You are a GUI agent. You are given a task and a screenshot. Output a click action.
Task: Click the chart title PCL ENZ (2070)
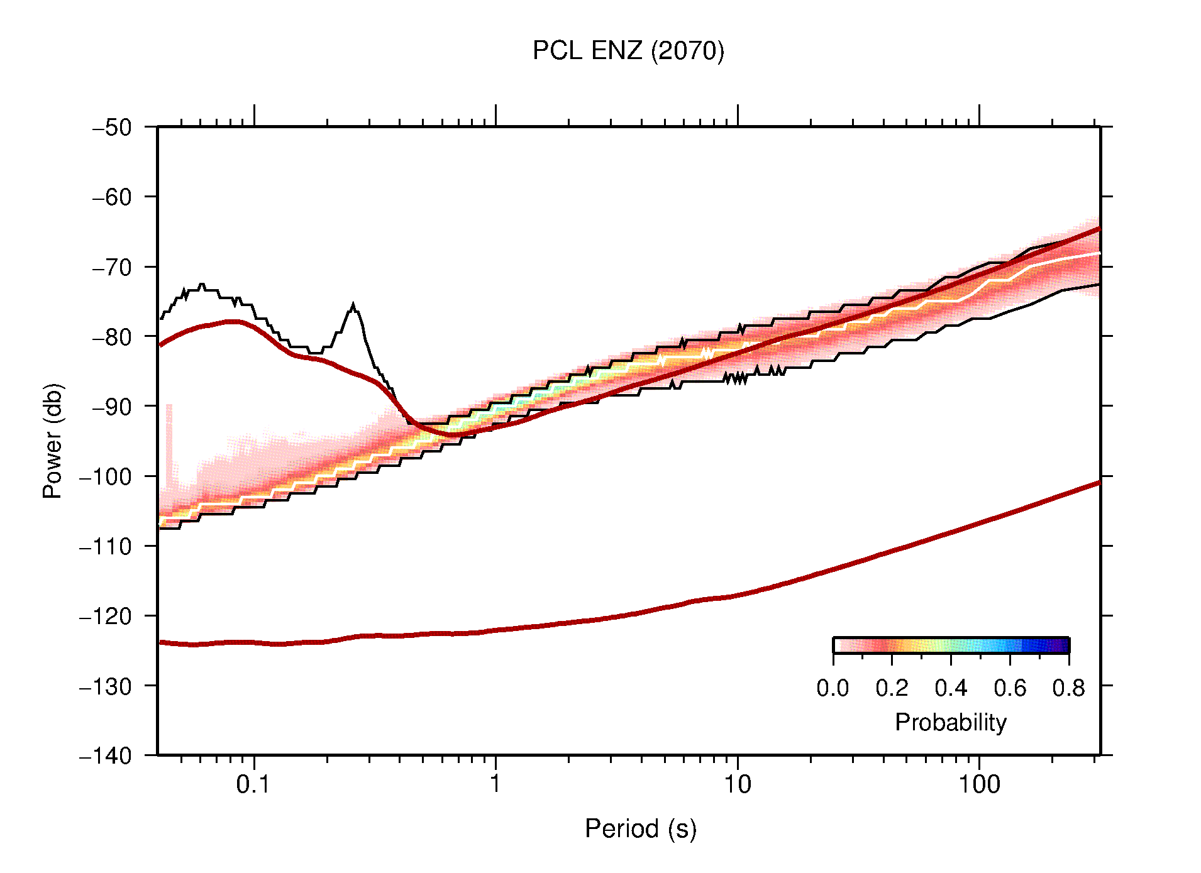pyautogui.click(x=628, y=51)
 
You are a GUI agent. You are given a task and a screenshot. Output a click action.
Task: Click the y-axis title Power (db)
pyautogui.click(x=53, y=441)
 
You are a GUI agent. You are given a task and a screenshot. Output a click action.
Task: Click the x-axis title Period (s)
pyautogui.click(x=640, y=828)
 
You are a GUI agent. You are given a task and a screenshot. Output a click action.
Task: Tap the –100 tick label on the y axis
pyautogui.click(x=106, y=476)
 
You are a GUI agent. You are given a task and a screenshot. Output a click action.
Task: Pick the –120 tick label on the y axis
pyautogui.click(x=106, y=616)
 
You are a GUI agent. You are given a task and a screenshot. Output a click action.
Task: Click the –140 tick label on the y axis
pyautogui.click(x=106, y=755)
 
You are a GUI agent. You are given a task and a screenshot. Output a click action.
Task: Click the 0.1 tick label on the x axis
pyautogui.click(x=253, y=784)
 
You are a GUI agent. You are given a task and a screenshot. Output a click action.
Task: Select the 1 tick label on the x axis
pyautogui.click(x=495, y=784)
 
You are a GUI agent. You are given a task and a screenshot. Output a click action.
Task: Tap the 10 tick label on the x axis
pyautogui.click(x=737, y=784)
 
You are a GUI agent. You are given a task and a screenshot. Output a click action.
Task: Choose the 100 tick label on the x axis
pyautogui.click(x=979, y=784)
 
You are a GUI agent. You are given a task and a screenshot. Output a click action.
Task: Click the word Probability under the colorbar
pyautogui.click(x=950, y=722)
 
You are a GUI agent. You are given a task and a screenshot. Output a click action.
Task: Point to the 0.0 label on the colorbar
pyautogui.click(x=833, y=688)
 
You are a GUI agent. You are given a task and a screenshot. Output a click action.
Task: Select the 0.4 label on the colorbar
pyautogui.click(x=951, y=688)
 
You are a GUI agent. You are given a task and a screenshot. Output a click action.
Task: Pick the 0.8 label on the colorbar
pyautogui.click(x=1068, y=688)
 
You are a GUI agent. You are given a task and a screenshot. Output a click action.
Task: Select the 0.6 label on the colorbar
pyautogui.click(x=1010, y=688)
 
